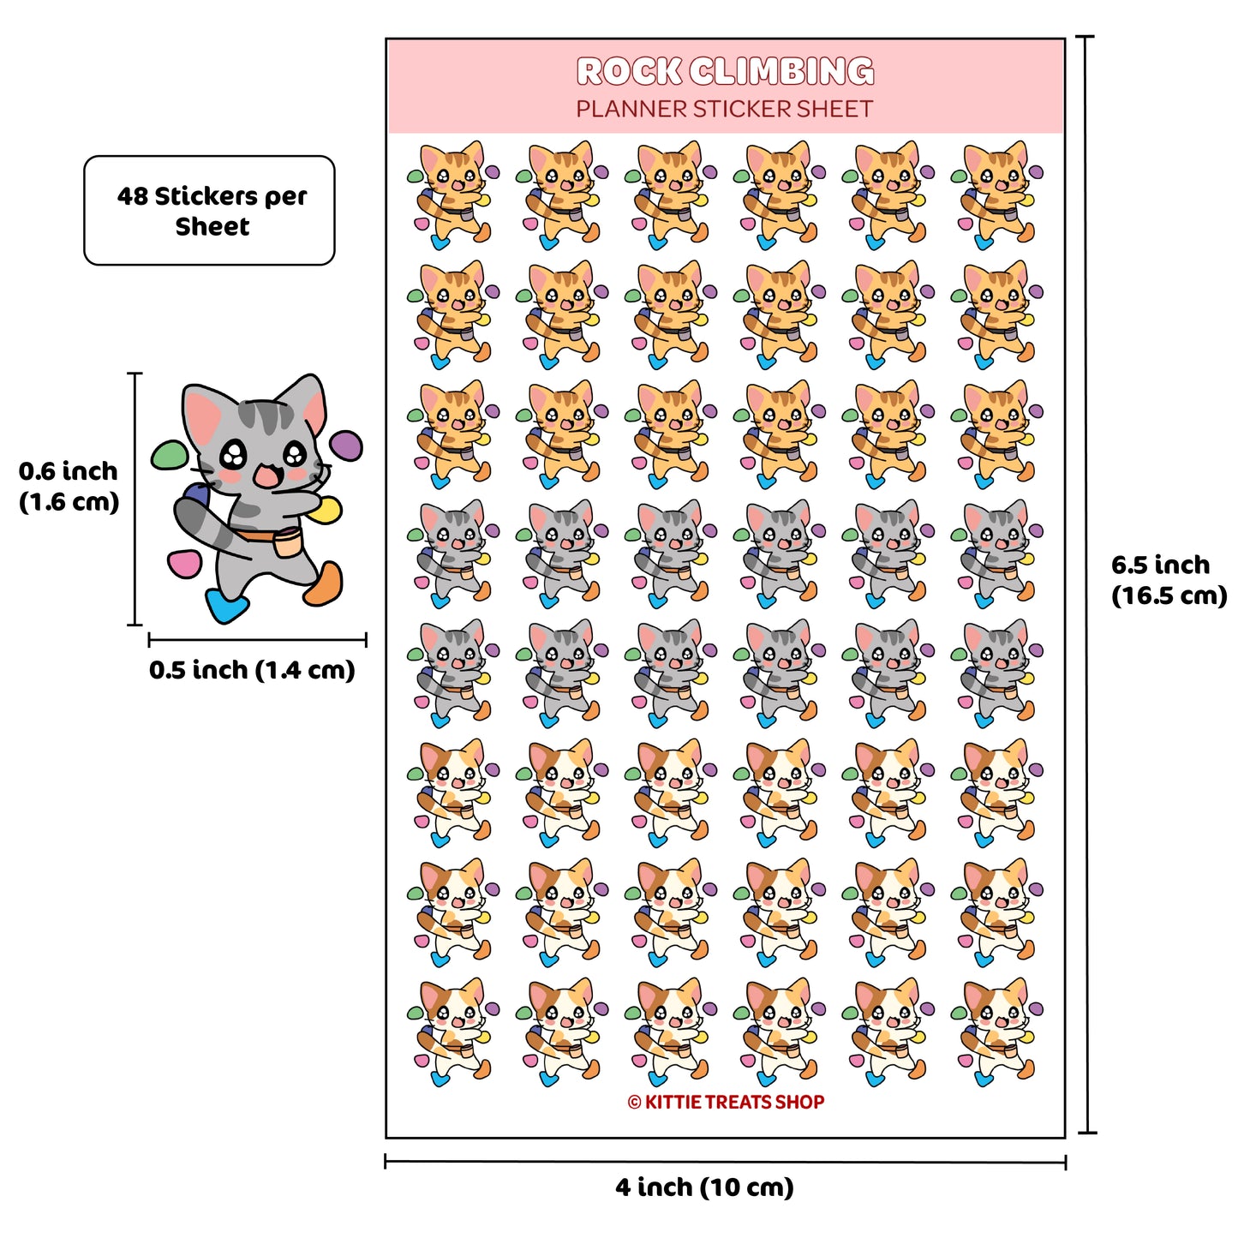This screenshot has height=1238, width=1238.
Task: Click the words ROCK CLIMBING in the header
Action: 725,71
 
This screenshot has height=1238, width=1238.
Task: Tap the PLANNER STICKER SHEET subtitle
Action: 724,109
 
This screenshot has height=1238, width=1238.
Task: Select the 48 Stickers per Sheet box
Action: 209,210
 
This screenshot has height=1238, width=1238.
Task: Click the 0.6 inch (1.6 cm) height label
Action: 68,487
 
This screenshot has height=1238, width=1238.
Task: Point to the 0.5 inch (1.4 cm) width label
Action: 252,670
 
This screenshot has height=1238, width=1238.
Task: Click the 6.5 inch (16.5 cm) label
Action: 1169,580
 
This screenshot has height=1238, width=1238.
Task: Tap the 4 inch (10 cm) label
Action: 705,1187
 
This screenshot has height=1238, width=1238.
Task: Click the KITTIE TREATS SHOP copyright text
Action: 726,1102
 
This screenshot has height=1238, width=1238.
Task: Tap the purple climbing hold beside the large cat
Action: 347,446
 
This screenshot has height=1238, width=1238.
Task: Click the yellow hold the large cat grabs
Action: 326,510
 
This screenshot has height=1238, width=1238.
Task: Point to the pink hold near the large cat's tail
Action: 184,563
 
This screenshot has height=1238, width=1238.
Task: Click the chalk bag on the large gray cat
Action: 287,541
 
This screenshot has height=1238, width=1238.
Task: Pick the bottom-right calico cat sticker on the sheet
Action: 996,1032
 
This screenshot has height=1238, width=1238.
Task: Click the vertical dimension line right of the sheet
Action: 1086,584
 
